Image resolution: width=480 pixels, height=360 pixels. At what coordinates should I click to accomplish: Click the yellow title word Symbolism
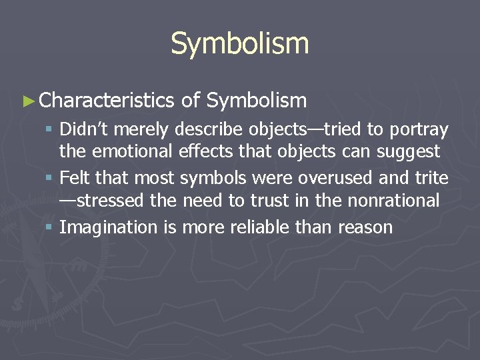(x=240, y=44)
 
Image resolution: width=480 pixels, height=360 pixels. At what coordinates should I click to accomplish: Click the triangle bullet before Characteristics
(x=27, y=101)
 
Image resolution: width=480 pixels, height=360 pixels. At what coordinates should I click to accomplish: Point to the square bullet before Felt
(x=51, y=179)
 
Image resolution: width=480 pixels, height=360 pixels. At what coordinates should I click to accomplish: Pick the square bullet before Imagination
(x=51, y=227)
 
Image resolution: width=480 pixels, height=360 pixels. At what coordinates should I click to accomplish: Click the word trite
(x=434, y=179)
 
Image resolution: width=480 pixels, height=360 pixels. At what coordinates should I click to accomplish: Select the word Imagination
(x=108, y=227)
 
